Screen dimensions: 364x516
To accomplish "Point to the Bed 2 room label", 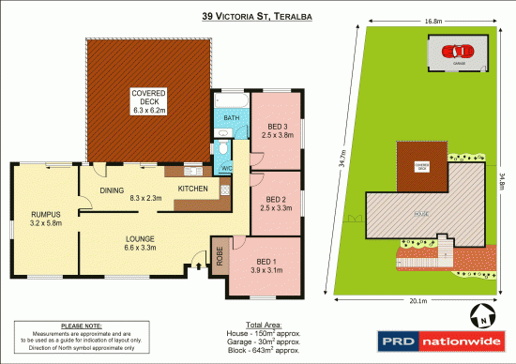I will pos(276,204).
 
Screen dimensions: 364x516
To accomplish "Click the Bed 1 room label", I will pos(266,265).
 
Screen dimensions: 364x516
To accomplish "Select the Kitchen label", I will pos(192,188).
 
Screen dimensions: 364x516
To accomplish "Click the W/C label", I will pos(226,168).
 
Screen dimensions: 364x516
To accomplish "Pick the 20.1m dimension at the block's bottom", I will pos(419,300).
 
